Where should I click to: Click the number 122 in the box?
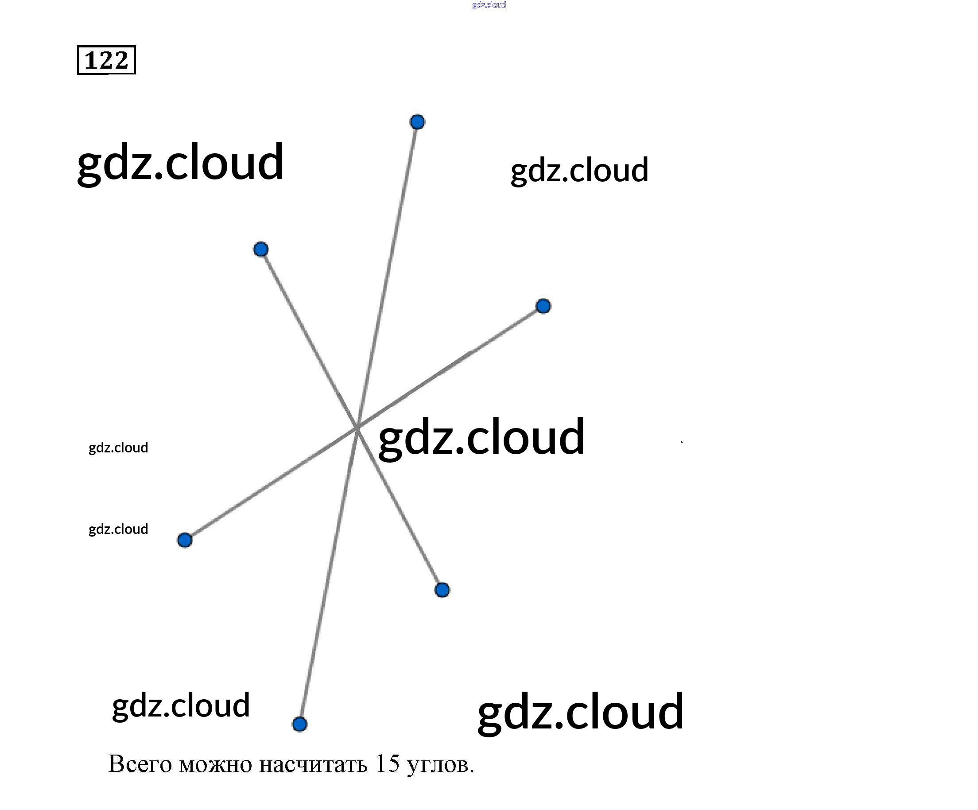(106, 60)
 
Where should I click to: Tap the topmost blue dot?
(417, 122)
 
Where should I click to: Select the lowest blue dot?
(299, 724)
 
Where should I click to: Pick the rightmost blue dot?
(543, 306)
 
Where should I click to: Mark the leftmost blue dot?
(185, 540)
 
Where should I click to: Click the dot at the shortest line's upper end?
(261, 249)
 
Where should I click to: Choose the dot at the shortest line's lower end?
(442, 590)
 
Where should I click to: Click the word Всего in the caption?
(140, 764)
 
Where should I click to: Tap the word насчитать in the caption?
(313, 764)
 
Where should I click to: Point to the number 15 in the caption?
(387, 763)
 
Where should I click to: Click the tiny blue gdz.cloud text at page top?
(489, 5)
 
